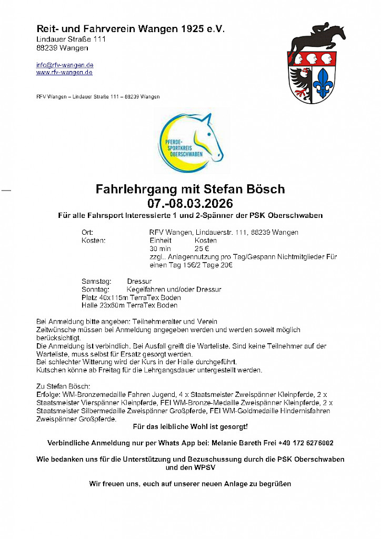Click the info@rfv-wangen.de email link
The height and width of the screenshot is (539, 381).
(65, 65)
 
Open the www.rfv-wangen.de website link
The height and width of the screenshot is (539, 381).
(64, 72)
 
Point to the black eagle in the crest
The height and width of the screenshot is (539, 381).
(302, 82)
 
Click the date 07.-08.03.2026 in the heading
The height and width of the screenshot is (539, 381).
(190, 203)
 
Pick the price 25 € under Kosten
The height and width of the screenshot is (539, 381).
(202, 248)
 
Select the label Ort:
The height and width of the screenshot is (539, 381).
(87, 232)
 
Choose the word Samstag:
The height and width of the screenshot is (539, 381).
(96, 282)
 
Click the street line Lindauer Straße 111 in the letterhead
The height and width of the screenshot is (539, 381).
(71, 39)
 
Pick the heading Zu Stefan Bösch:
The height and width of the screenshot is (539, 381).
(64, 386)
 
